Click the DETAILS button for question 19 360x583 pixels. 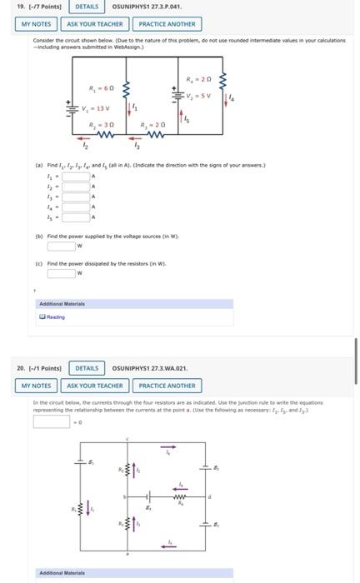tap(87, 7)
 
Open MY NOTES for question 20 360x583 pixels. tap(37, 386)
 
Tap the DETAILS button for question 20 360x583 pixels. tap(87, 368)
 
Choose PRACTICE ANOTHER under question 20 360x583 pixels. tap(167, 386)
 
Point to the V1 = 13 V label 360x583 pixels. tap(96, 108)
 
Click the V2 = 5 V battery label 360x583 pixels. tap(197, 95)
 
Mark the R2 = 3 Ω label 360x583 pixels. tap(102, 125)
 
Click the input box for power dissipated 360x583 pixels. tap(60, 273)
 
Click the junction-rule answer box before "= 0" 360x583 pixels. tap(52, 421)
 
